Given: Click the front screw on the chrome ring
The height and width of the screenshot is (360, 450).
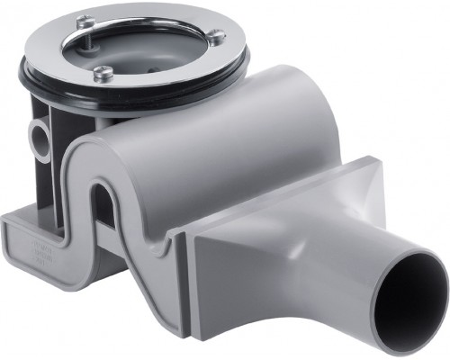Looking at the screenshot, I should pos(104,74).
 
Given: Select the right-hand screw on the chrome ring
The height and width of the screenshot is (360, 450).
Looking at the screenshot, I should pos(217,36).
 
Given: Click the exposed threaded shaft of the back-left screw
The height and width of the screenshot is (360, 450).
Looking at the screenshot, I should pos(90,32).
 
